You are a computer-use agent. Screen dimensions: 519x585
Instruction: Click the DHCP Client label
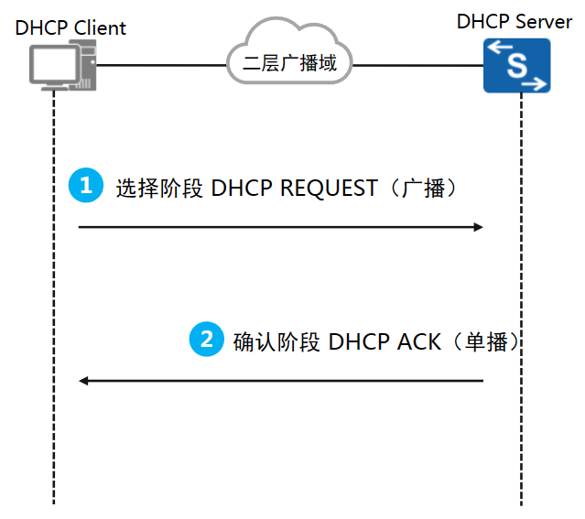coord(70,27)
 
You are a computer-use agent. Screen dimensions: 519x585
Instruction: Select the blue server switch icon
coord(516,65)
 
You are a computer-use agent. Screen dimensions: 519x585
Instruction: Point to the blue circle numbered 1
coord(86,186)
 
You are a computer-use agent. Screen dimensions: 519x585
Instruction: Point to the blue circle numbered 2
coord(206,340)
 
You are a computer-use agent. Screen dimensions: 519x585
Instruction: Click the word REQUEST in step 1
coord(329,188)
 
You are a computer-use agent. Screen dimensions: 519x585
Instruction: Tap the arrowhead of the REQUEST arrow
coord(478,226)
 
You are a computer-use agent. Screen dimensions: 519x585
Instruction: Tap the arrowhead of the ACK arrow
coord(84,380)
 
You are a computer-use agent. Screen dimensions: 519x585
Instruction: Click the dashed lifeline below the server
coord(521,439)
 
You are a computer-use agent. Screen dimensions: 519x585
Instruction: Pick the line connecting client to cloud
coord(160,65)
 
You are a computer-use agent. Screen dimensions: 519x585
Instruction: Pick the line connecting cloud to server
coord(417,65)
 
